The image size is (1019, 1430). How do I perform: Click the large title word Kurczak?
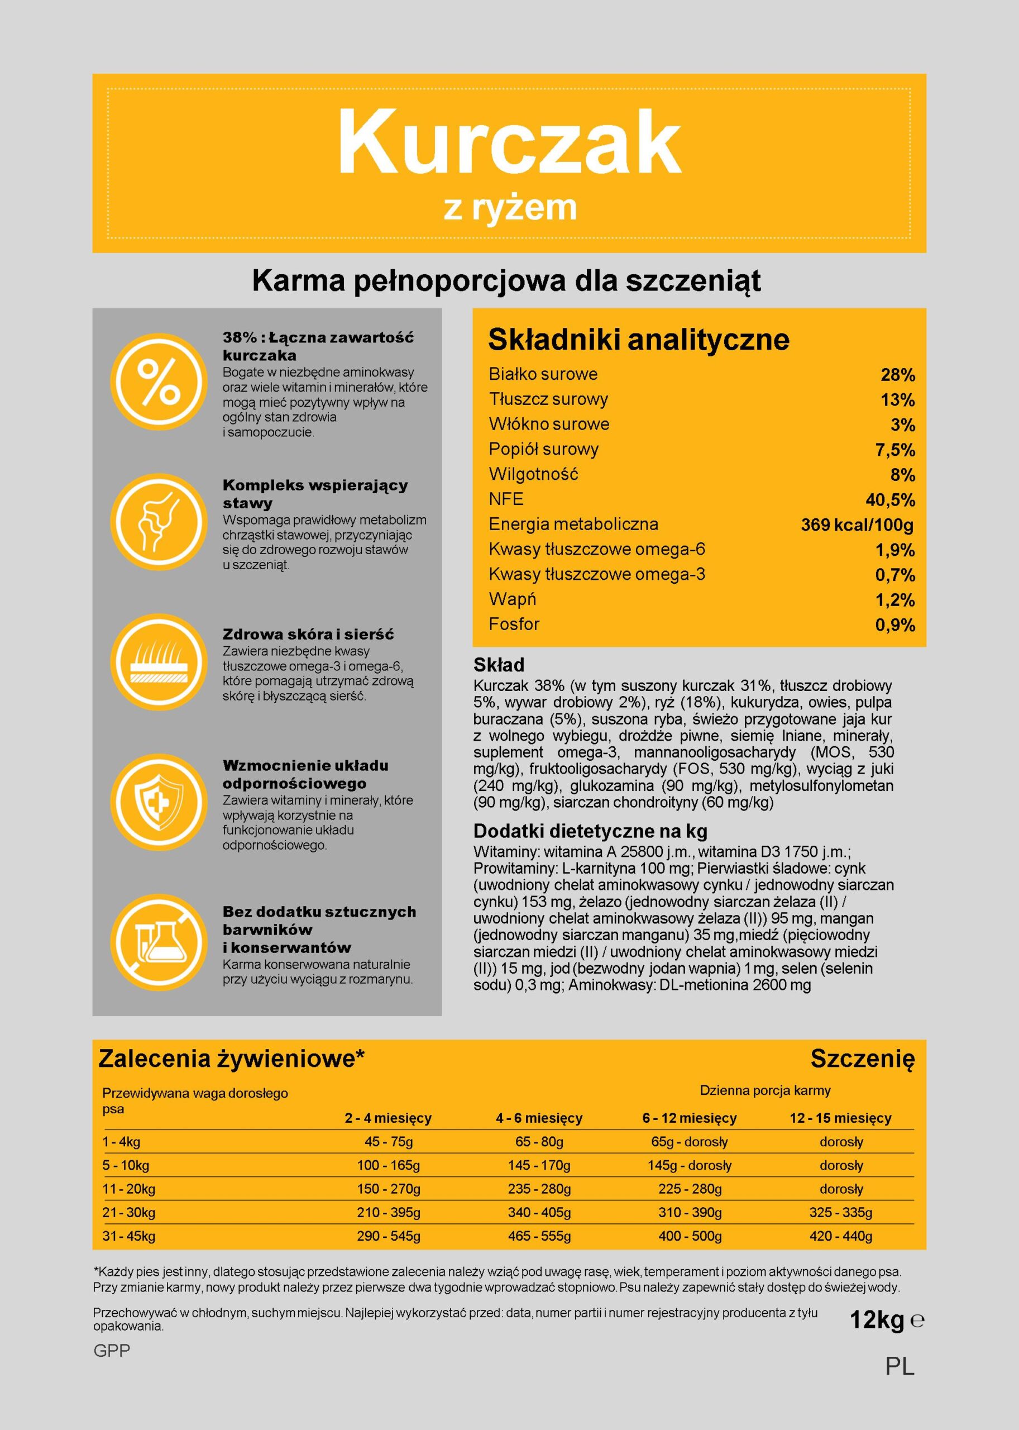[509, 143]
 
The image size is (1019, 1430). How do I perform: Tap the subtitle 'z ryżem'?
[509, 208]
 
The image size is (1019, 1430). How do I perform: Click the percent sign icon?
[159, 382]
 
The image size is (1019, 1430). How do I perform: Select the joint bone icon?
[159, 522]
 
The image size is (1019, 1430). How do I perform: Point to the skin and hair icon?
[159, 662]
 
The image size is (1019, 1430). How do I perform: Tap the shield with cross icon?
[159, 802]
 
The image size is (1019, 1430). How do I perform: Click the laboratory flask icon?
[159, 942]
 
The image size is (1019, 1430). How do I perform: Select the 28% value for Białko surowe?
[897, 375]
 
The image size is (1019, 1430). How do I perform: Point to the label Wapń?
[513, 599]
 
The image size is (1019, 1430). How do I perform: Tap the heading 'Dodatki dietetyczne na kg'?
[590, 831]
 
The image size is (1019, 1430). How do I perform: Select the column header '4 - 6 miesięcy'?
[539, 1118]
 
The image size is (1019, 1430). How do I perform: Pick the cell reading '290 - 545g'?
[389, 1236]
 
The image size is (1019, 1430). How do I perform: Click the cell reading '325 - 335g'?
[841, 1212]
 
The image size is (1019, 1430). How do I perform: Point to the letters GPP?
[112, 1350]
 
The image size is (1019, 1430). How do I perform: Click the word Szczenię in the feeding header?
[862, 1059]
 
